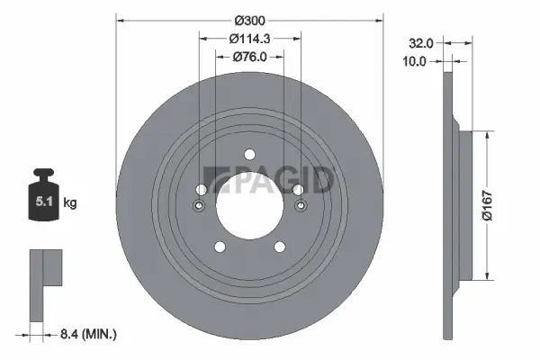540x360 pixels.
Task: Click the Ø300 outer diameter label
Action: [249, 21]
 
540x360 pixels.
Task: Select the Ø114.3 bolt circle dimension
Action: [250, 39]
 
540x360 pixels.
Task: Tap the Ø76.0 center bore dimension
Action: [250, 57]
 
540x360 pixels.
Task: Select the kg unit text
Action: [70, 203]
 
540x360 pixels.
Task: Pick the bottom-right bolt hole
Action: [282, 248]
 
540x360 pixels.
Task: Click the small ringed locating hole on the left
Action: [199, 205]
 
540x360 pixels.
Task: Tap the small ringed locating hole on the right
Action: [301, 205]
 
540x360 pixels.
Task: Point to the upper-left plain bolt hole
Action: [200, 189]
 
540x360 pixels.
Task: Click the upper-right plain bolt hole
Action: [300, 189]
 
